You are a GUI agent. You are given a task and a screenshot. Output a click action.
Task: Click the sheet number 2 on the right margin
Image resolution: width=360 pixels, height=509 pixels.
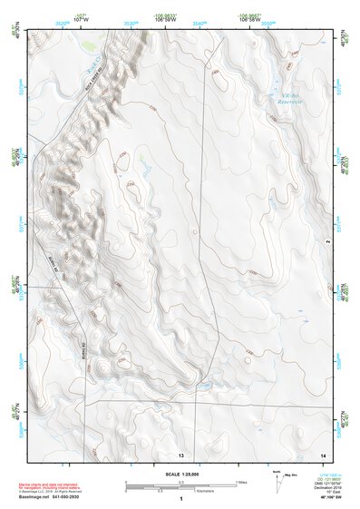pos(326,241)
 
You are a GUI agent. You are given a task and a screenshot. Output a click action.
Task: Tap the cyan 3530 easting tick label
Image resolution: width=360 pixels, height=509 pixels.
pos(132,24)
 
